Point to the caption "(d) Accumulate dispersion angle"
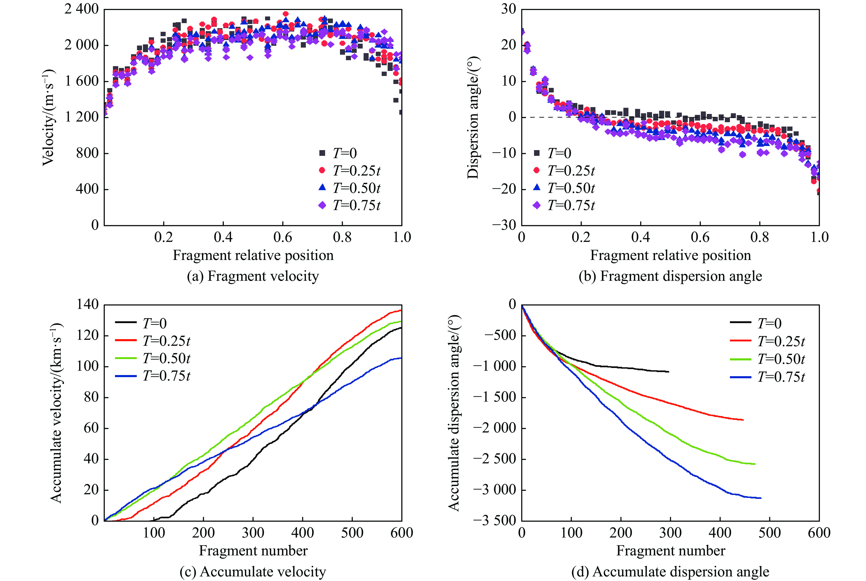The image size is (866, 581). coord(670,572)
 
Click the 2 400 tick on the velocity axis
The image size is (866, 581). coord(82,9)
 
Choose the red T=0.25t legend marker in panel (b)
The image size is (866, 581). coord(537,170)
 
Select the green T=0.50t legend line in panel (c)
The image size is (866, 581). coord(126,358)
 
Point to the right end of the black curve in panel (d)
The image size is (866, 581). coord(669,372)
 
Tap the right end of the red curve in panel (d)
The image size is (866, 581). coord(743,420)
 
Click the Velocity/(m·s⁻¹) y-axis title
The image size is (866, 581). coord(48,117)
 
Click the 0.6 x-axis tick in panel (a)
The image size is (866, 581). coord(283,237)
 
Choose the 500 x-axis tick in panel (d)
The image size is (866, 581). coord(770,533)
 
